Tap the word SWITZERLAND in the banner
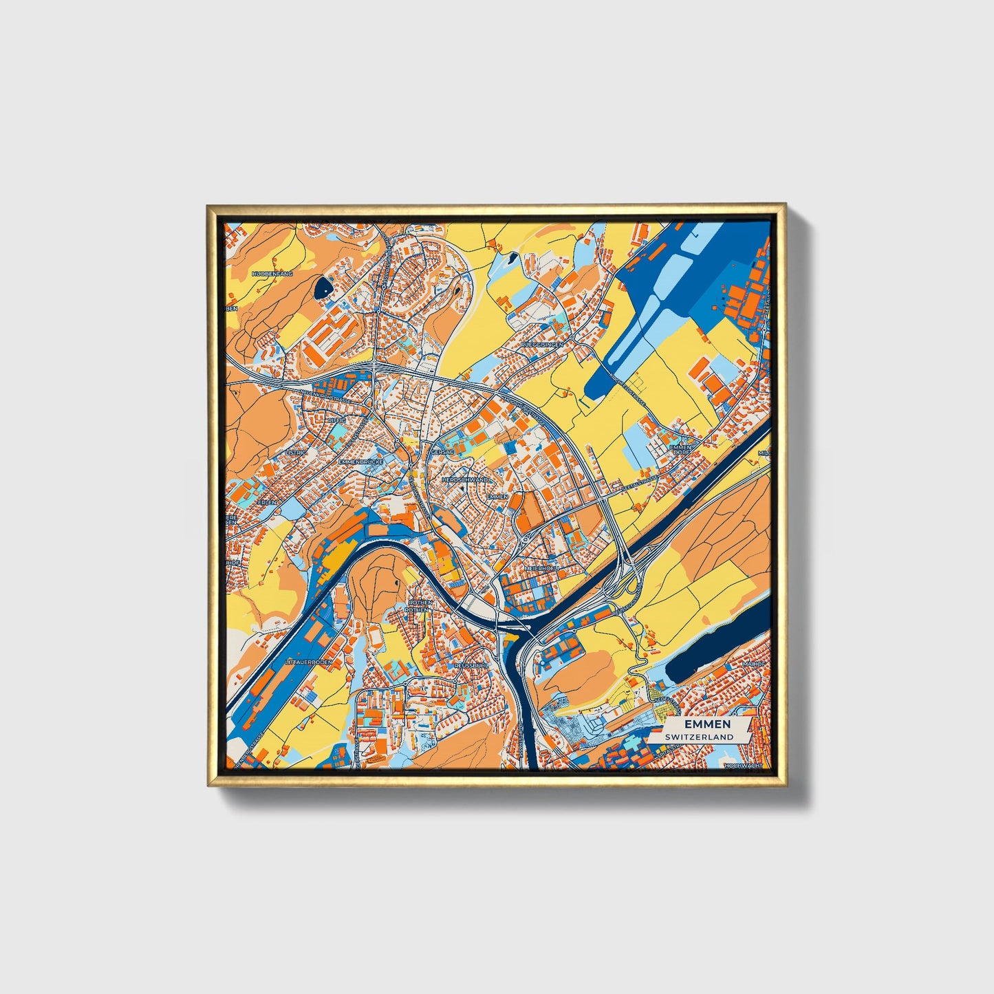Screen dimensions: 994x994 click(699, 737)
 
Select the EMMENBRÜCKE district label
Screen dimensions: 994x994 click(360, 462)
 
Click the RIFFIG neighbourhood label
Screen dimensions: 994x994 click(337, 420)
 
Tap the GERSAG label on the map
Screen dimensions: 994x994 click(440, 453)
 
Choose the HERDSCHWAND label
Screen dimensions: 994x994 click(464, 479)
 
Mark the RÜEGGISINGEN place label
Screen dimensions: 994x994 click(542, 344)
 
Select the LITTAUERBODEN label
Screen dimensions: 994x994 click(308, 662)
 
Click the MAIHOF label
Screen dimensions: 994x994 click(754, 664)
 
